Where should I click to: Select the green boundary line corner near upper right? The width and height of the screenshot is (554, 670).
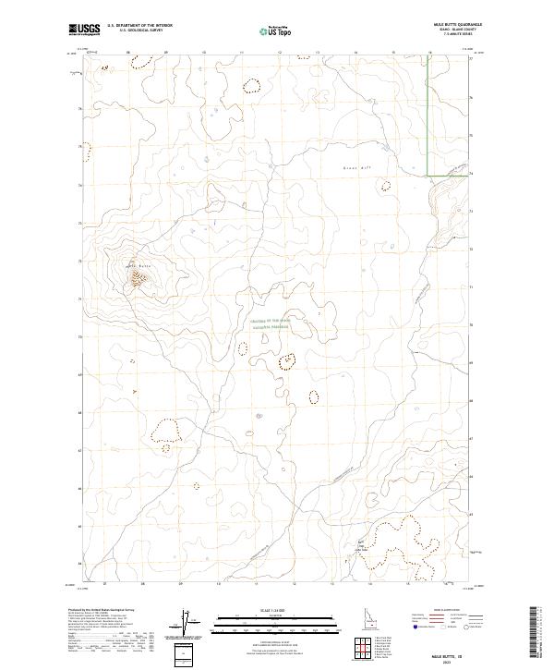click(427, 174)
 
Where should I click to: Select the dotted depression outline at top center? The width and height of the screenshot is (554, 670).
click(251, 87)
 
